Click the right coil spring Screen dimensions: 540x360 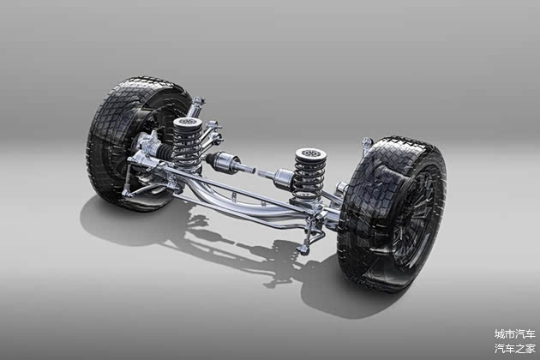310,174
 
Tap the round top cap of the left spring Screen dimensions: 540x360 188,123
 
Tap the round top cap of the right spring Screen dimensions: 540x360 310,153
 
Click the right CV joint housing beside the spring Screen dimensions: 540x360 283,177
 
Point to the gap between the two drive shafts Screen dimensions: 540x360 256,171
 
